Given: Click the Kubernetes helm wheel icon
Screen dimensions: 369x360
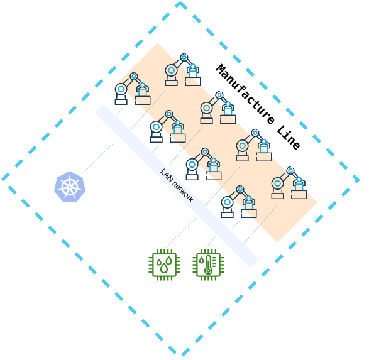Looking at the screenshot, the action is click(x=70, y=187).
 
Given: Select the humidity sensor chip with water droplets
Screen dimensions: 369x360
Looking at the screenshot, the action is click(x=165, y=265).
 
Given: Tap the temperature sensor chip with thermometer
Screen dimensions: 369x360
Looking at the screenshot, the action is click(x=208, y=265).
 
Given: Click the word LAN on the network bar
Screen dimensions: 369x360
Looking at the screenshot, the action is click(x=167, y=175).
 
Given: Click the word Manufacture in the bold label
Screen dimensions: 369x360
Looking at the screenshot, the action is click(x=245, y=94).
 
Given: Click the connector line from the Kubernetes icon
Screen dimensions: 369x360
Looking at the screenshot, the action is click(x=98, y=158).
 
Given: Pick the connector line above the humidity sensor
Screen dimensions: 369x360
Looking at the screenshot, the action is click(x=180, y=234).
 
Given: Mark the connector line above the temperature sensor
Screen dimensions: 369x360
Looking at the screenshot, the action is click(x=210, y=243).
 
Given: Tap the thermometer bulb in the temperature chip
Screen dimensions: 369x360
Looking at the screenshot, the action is click(x=208, y=271).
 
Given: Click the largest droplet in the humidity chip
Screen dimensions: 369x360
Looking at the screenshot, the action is click(x=163, y=269).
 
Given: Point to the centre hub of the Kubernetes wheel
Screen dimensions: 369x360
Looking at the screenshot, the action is click(x=70, y=187).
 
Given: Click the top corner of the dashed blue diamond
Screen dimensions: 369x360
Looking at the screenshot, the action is click(x=180, y=3).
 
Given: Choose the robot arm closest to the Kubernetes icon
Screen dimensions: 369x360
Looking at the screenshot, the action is click(x=133, y=89).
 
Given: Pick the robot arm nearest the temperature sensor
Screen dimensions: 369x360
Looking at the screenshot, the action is click(x=239, y=202).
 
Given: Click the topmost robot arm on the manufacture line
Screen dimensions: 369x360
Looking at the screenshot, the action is click(x=183, y=70).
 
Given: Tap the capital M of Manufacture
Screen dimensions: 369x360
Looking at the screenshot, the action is click(x=221, y=70).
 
